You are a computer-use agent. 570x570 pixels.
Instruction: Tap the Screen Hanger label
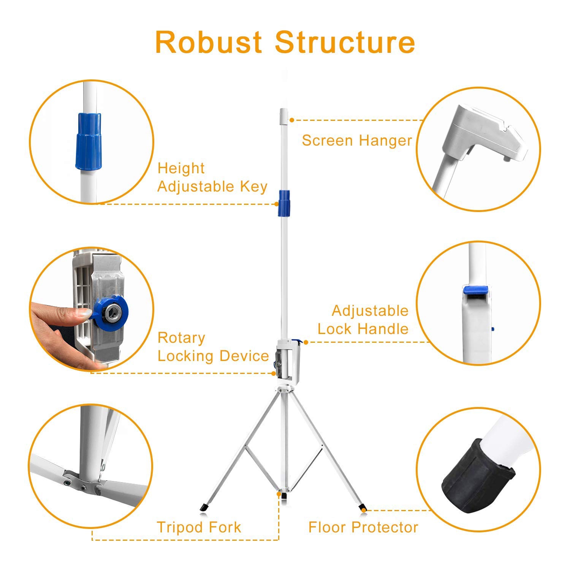[x=356, y=141]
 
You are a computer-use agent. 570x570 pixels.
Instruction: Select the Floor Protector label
[x=363, y=527]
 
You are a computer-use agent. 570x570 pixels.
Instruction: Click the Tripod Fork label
[x=199, y=527]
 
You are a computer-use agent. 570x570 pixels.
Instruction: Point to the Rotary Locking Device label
[x=213, y=347]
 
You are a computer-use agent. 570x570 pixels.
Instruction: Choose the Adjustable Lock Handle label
[x=363, y=320]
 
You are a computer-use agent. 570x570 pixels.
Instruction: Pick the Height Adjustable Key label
[x=212, y=177]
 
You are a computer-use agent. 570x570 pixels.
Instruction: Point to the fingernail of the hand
[x=84, y=313]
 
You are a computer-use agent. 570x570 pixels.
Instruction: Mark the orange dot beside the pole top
[x=292, y=120]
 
